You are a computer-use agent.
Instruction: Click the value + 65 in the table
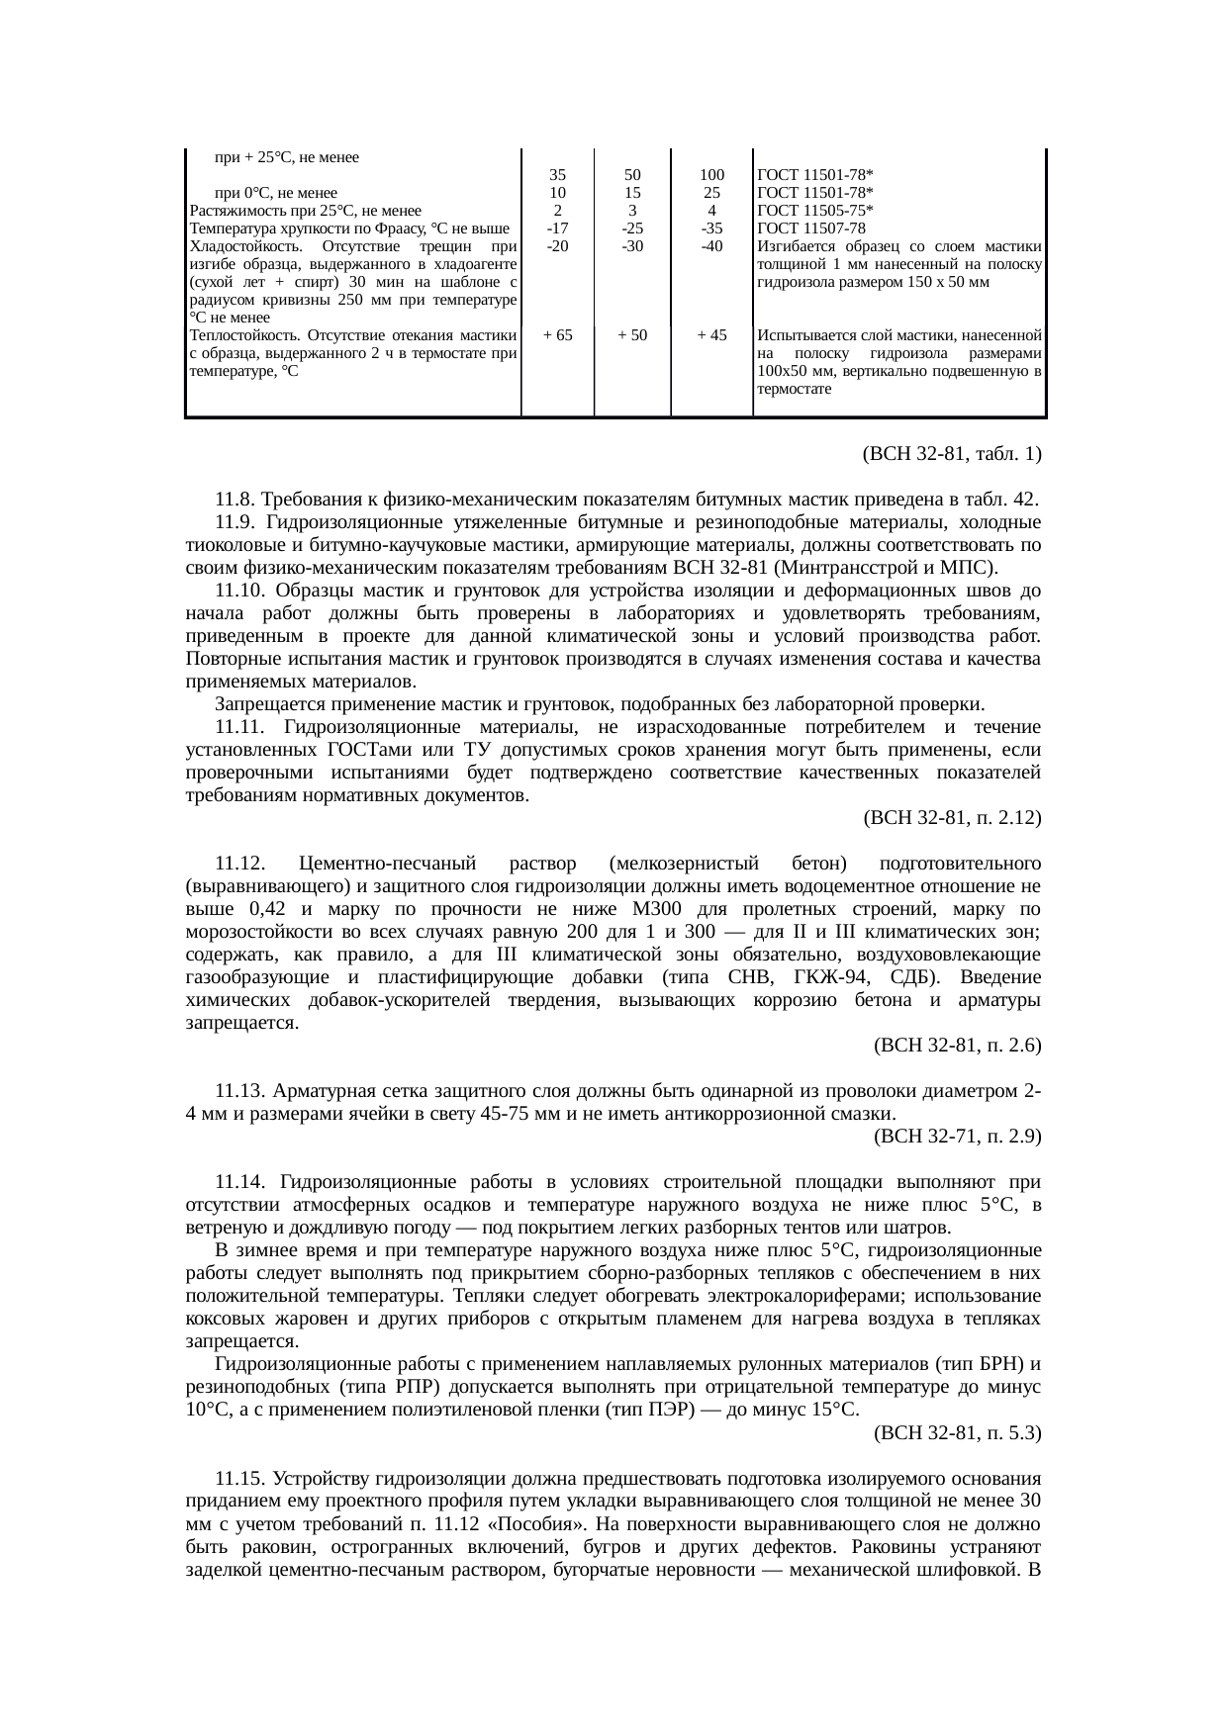[558, 335]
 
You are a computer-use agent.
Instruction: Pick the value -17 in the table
[557, 228]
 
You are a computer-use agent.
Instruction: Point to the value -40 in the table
[711, 246]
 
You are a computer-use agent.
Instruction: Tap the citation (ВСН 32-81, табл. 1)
[951, 454]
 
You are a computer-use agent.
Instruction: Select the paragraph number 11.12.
[241, 864]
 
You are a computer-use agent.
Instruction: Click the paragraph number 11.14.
[241, 1182]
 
